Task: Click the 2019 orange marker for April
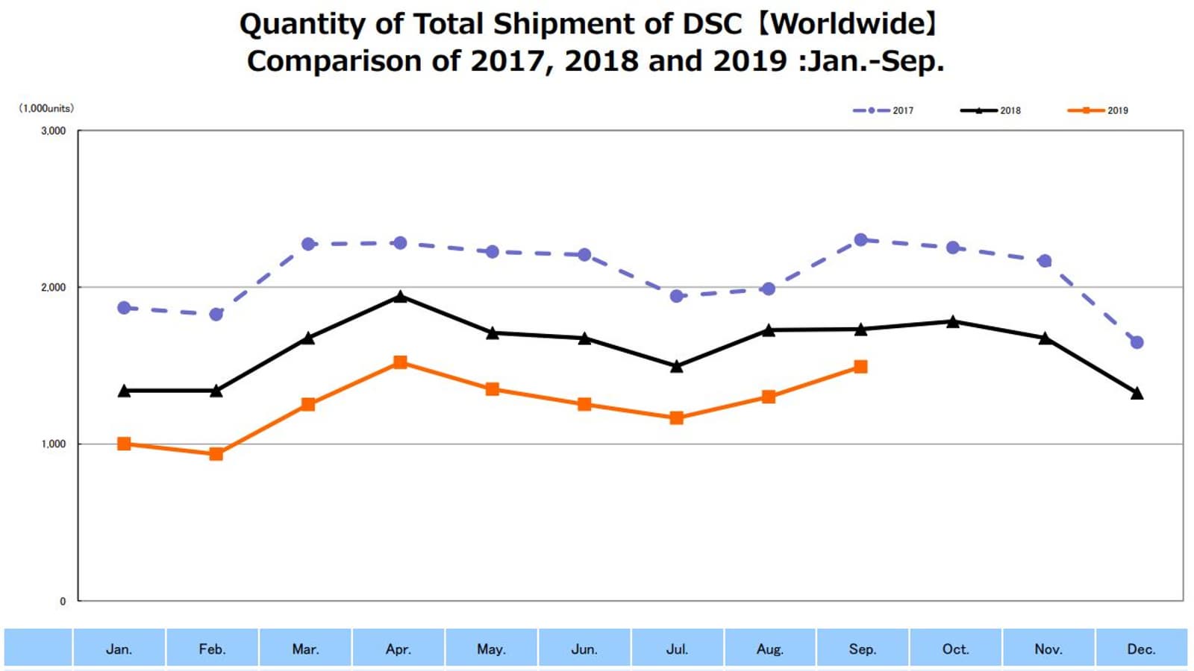(x=400, y=362)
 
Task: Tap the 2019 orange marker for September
(x=860, y=367)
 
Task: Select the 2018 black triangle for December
(x=1137, y=394)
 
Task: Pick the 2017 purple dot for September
(x=860, y=240)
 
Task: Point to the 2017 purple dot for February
(x=216, y=315)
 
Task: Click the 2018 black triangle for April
(x=400, y=297)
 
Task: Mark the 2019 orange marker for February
(x=216, y=454)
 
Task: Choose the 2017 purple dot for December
(x=1137, y=342)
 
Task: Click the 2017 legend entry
(x=884, y=110)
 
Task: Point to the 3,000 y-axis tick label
(x=53, y=130)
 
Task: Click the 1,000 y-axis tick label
(x=53, y=444)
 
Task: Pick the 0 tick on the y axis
(x=63, y=601)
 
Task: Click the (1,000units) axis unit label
(x=46, y=108)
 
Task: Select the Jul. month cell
(x=677, y=649)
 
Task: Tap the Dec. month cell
(x=1141, y=649)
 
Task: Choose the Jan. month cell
(x=119, y=649)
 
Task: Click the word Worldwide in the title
(x=848, y=24)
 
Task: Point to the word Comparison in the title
(x=334, y=61)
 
